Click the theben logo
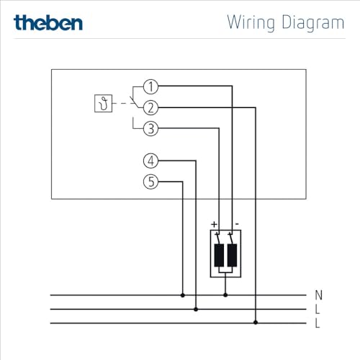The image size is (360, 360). coord(48,22)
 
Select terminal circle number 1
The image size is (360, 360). coord(150,87)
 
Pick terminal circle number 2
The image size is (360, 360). coord(150,108)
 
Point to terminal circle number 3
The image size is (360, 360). coord(150,130)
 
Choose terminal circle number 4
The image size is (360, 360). coord(150,161)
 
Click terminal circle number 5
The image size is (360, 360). coord(150,182)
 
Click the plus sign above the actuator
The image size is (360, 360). coord(214,225)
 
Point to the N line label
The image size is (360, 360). coord(318,295)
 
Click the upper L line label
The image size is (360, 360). coord(318,310)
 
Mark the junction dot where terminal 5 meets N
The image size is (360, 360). coord(182,295)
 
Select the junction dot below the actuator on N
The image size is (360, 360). coord(225,295)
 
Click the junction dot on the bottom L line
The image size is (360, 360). coord(256,323)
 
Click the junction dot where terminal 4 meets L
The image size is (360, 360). coord(197,310)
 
